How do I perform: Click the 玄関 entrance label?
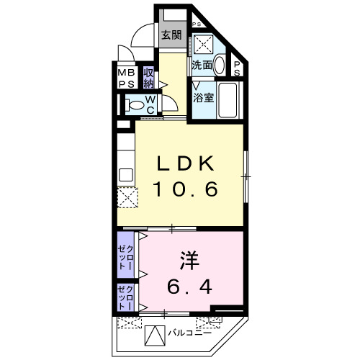pyautogui.click(x=171, y=35)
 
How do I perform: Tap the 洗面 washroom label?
pyautogui.click(x=201, y=65)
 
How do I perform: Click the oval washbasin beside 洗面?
pyautogui.click(x=219, y=65)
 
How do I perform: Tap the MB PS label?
pyautogui.click(x=125, y=77)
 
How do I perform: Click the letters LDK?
pyautogui.click(x=184, y=164)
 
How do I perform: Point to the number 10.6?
pyautogui.click(x=184, y=190)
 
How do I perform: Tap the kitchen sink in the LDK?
pyautogui.click(x=125, y=174)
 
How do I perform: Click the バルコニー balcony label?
pyautogui.click(x=190, y=333)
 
